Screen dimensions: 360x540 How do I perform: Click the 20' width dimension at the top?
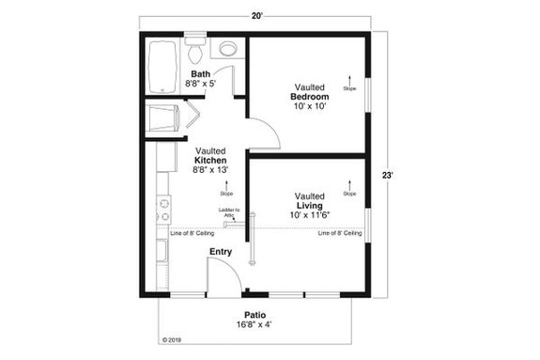(x=256, y=16)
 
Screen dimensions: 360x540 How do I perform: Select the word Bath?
(x=201, y=74)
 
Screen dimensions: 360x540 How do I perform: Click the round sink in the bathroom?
(x=227, y=48)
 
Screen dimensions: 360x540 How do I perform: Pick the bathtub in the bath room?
(x=162, y=66)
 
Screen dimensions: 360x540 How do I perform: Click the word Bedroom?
(x=310, y=97)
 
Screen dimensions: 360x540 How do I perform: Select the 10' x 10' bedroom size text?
(x=310, y=106)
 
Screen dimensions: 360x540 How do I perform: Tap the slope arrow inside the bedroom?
(x=349, y=81)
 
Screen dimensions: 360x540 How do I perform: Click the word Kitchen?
(x=209, y=160)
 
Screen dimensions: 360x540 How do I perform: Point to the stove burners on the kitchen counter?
(x=163, y=202)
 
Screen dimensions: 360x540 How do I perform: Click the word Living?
(x=310, y=206)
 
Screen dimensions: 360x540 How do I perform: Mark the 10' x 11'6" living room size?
(x=310, y=216)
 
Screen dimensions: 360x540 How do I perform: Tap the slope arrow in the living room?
(x=349, y=185)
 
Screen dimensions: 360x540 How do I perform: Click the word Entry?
(x=221, y=252)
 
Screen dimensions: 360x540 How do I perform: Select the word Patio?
(x=255, y=316)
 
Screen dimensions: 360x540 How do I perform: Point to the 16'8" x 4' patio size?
(x=255, y=326)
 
